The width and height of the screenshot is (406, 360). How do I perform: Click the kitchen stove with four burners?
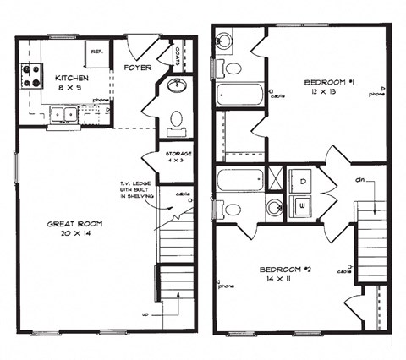coord(31,76)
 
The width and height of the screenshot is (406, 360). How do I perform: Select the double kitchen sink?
coord(63,114)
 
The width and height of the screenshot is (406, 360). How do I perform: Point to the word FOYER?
coord(138,67)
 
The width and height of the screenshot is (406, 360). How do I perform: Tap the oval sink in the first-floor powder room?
coord(178,86)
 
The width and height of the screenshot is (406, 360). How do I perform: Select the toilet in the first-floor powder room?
coord(177,119)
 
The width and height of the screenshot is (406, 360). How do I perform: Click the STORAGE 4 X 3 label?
coord(178,158)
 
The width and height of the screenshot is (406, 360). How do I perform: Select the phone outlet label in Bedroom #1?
coord(377,95)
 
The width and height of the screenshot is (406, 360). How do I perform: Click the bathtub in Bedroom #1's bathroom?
coord(240,94)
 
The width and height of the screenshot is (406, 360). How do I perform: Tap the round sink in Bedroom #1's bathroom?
coord(224,41)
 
